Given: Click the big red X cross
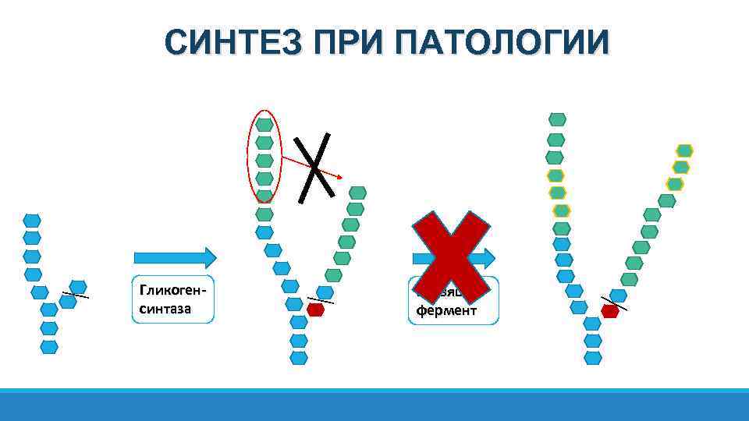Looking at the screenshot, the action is (x=451, y=257).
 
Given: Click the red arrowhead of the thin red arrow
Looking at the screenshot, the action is (x=339, y=176).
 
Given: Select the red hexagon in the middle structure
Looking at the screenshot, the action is (x=315, y=310).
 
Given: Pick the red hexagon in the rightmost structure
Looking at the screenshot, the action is (x=610, y=311).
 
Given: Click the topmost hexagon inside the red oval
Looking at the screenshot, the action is (x=264, y=125).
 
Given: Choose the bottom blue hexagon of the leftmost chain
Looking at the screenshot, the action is (x=49, y=346).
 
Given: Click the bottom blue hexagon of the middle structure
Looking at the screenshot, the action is (x=299, y=358).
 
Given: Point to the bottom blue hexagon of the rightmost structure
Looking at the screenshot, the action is (x=594, y=358).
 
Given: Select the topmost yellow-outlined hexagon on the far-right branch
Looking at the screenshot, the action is (x=684, y=150).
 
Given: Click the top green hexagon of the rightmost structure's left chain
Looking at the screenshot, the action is (x=557, y=119).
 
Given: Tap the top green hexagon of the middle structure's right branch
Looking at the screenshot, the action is (x=357, y=192).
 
